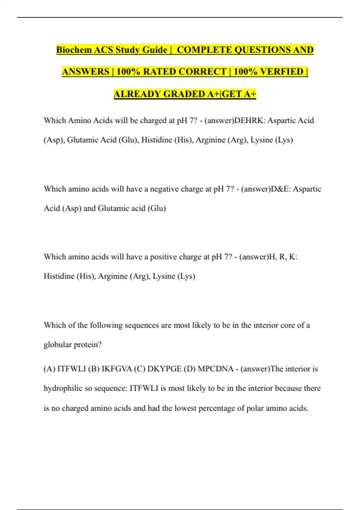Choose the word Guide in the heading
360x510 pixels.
155,50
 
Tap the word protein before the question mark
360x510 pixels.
85,345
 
